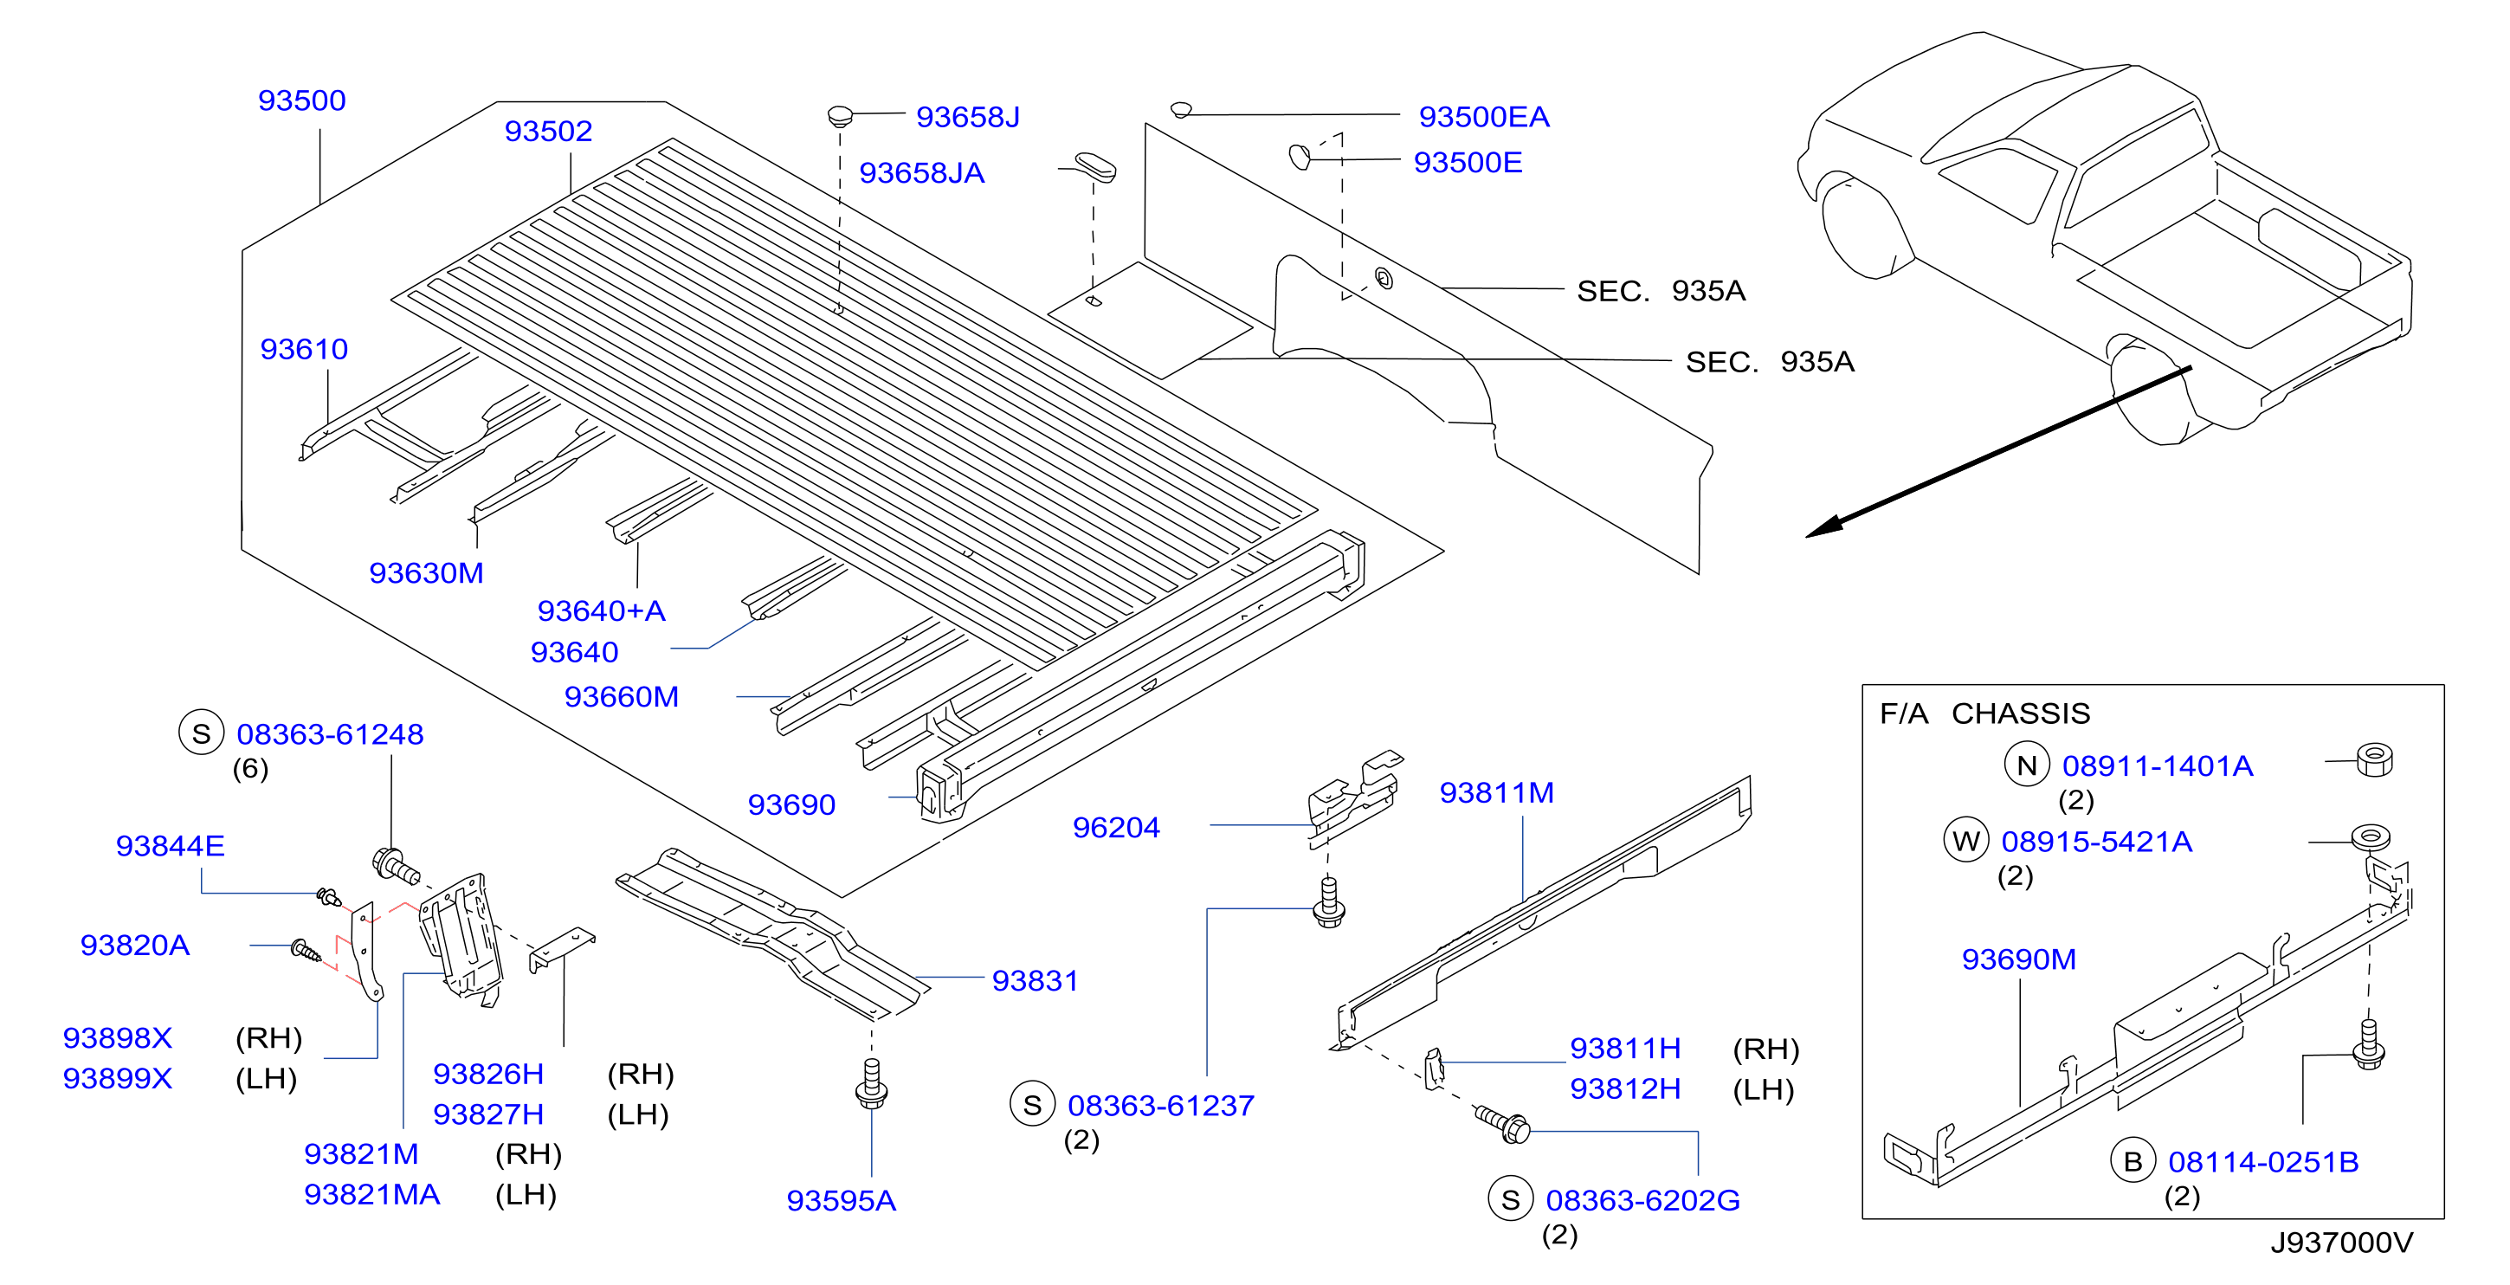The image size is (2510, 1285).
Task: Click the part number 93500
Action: point(301,100)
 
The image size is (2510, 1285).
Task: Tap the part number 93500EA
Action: point(1483,117)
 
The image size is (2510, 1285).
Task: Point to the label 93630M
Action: point(426,573)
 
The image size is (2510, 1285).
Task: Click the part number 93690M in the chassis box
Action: point(2018,959)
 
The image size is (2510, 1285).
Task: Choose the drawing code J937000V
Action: point(2341,1243)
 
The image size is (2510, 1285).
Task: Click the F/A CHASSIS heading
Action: point(1984,714)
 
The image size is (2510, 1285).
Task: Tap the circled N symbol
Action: point(2027,765)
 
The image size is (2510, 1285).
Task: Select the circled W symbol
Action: point(1966,841)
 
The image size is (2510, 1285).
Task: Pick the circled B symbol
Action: point(2133,1161)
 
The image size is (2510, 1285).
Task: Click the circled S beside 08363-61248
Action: point(202,733)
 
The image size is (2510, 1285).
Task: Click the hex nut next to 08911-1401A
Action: point(2375,760)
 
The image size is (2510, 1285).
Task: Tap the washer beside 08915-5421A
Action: point(2370,836)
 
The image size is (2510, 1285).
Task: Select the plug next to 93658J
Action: point(839,116)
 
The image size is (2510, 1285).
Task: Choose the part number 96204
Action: point(1116,827)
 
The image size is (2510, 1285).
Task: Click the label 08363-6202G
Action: point(1642,1200)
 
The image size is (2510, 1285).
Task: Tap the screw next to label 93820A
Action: point(306,950)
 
